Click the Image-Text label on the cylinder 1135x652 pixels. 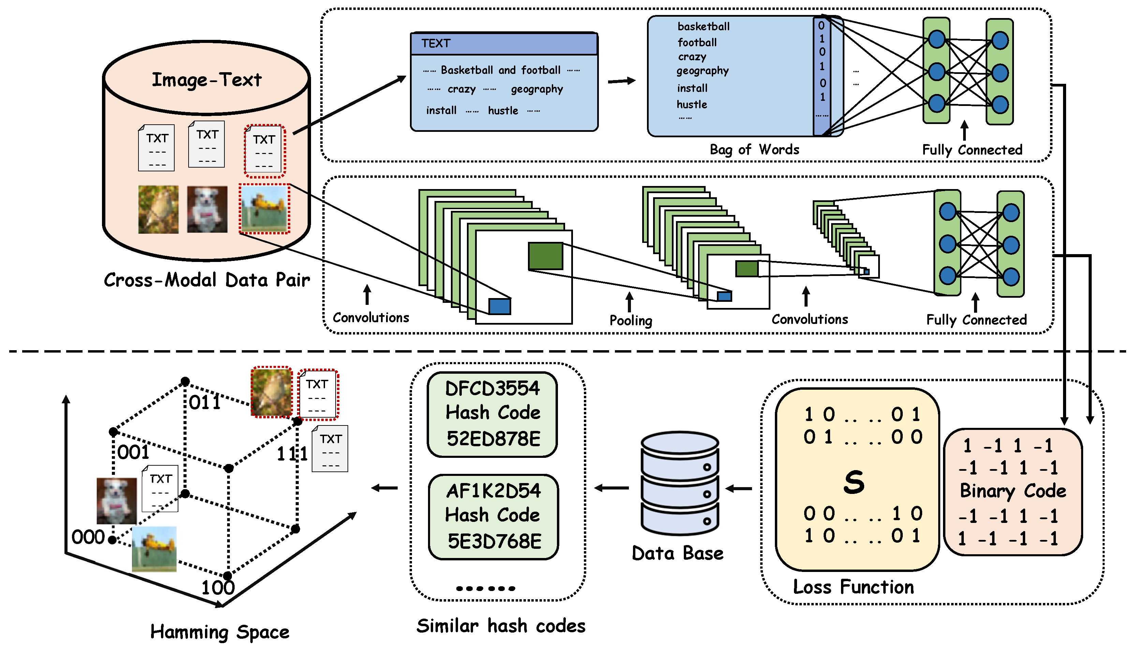coord(206,80)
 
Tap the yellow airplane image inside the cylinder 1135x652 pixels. coord(264,209)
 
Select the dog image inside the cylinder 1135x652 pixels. coord(207,209)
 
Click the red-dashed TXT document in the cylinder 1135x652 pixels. coord(264,151)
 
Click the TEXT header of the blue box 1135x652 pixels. coord(436,44)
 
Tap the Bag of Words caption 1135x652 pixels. coord(754,150)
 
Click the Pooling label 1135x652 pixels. coord(630,320)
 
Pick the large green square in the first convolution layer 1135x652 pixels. coord(545,256)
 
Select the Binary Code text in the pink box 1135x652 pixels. coord(1013,491)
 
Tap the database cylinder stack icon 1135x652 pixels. coord(680,484)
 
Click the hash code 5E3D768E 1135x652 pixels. coord(494,541)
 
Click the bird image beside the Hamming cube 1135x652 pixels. coord(271,392)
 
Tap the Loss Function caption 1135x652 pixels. coord(853,587)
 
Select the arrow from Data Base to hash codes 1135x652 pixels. coord(611,488)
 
